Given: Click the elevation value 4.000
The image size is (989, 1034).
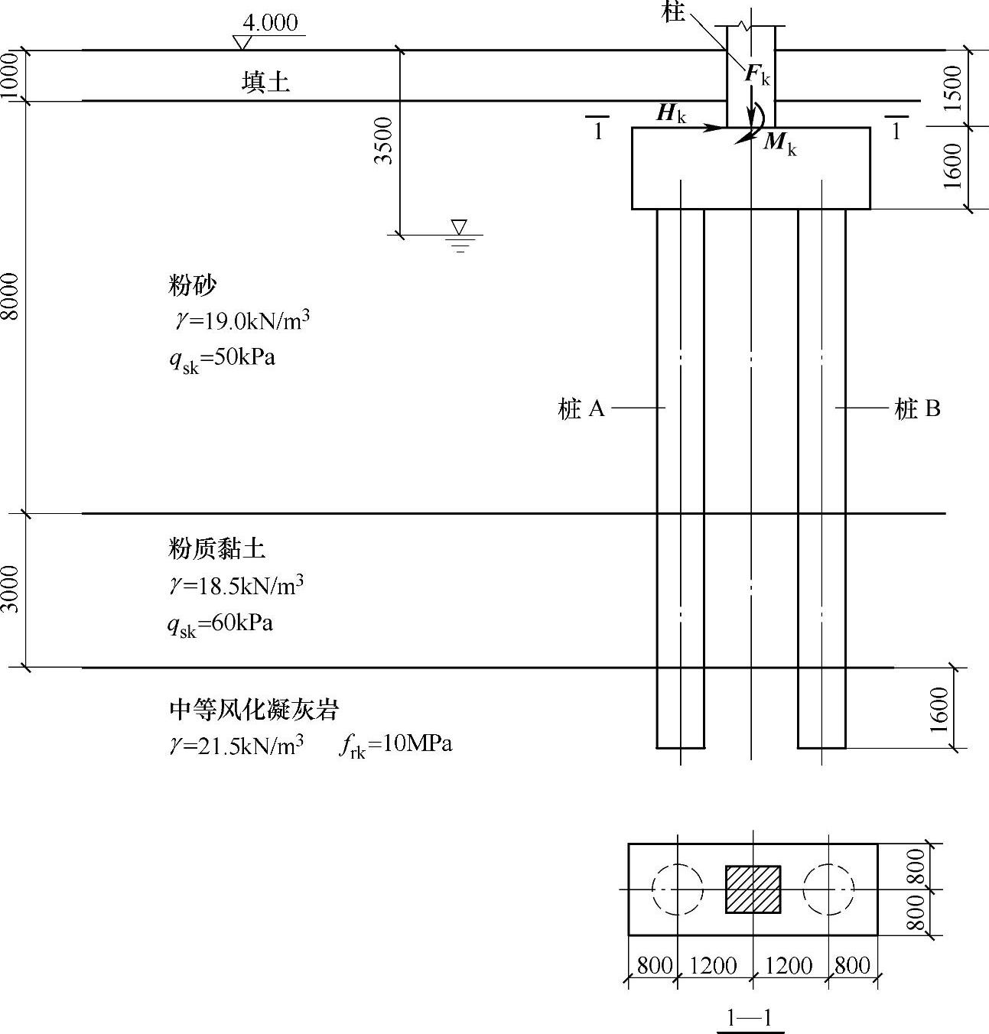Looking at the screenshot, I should pyautogui.click(x=270, y=22).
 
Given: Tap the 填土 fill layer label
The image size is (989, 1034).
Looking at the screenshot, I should pyautogui.click(x=265, y=81).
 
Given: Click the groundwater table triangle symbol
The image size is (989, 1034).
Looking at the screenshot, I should pyautogui.click(x=459, y=228).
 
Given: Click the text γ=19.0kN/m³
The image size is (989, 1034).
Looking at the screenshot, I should pyautogui.click(x=241, y=320).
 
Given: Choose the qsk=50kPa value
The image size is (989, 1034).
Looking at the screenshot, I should pyautogui.click(x=222, y=358).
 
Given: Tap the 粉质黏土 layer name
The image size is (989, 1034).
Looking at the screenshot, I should pyautogui.click(x=217, y=548).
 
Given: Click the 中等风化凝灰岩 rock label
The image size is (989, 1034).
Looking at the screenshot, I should pyautogui.click(x=253, y=710).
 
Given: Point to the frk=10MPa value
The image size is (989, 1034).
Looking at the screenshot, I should pyautogui.click(x=395, y=744).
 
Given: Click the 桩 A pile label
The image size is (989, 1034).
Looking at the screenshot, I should pyautogui.click(x=582, y=409).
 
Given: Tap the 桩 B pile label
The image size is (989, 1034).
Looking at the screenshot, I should pyautogui.click(x=917, y=409).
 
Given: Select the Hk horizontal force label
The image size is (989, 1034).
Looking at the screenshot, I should pyautogui.click(x=672, y=114).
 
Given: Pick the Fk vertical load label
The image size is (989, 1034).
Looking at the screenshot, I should pyautogui.click(x=757, y=74).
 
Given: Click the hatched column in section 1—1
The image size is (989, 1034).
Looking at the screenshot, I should pyautogui.click(x=753, y=889).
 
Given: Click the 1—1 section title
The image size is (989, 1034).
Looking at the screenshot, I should pyautogui.click(x=750, y=1018).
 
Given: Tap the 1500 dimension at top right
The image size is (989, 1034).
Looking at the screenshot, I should pyautogui.click(x=952, y=88).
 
